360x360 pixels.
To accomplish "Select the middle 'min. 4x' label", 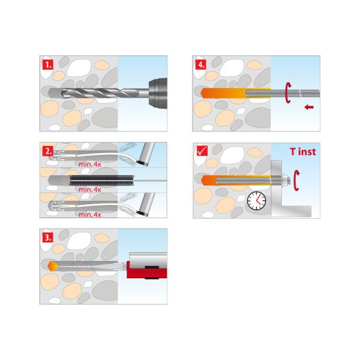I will (x=89, y=189).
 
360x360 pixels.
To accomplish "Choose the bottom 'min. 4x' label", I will (x=89, y=215).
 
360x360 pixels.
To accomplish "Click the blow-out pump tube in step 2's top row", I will (x=145, y=156).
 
